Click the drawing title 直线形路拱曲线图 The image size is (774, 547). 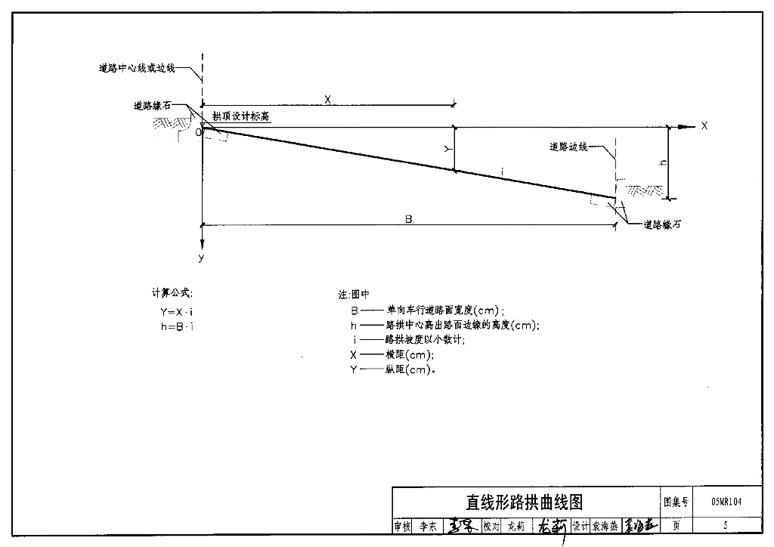(524, 502)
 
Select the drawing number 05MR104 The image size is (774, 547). (726, 501)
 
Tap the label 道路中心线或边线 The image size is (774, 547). (137, 68)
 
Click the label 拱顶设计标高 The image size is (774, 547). (240, 116)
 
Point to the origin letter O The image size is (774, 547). (198, 132)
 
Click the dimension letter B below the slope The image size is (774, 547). (408, 219)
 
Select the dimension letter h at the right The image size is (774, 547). (663, 162)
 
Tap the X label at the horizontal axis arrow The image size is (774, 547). (704, 126)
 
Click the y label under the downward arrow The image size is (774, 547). (202, 258)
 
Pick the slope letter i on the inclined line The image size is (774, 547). (502, 174)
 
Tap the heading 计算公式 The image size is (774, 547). (172, 292)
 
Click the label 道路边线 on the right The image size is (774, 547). (568, 147)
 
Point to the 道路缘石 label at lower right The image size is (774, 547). (662, 224)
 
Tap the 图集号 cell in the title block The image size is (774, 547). (675, 501)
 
